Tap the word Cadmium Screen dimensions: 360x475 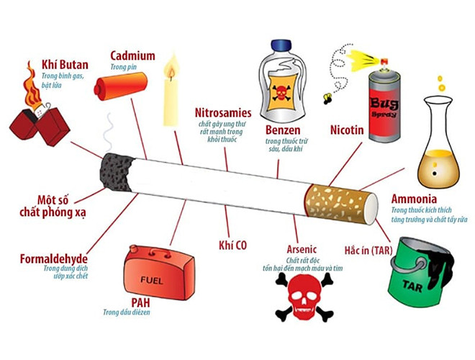pyautogui.click(x=132, y=55)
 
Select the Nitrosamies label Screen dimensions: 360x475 pyautogui.click(x=222, y=113)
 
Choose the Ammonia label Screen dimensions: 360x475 pyautogui.click(x=414, y=198)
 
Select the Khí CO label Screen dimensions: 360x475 pyautogui.click(x=232, y=245)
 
